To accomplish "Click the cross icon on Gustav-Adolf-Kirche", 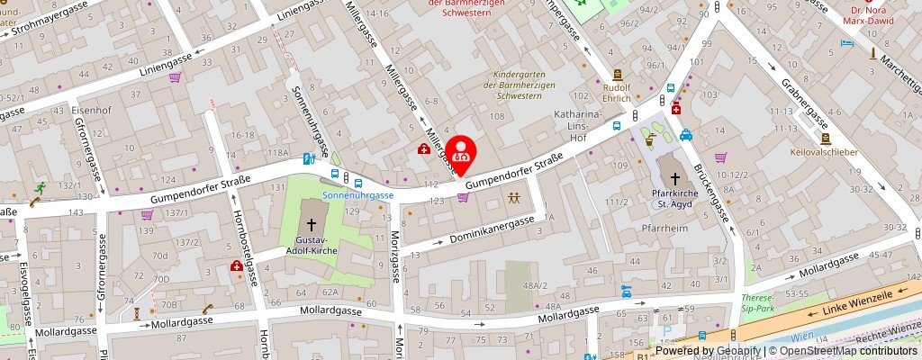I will point(312,225).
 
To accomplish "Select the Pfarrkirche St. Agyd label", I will point(676,198).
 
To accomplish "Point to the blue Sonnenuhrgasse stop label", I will point(359,195).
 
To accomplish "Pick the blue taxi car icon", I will point(686,136).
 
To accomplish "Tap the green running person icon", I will point(40,189).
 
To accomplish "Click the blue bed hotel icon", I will point(845,42).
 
